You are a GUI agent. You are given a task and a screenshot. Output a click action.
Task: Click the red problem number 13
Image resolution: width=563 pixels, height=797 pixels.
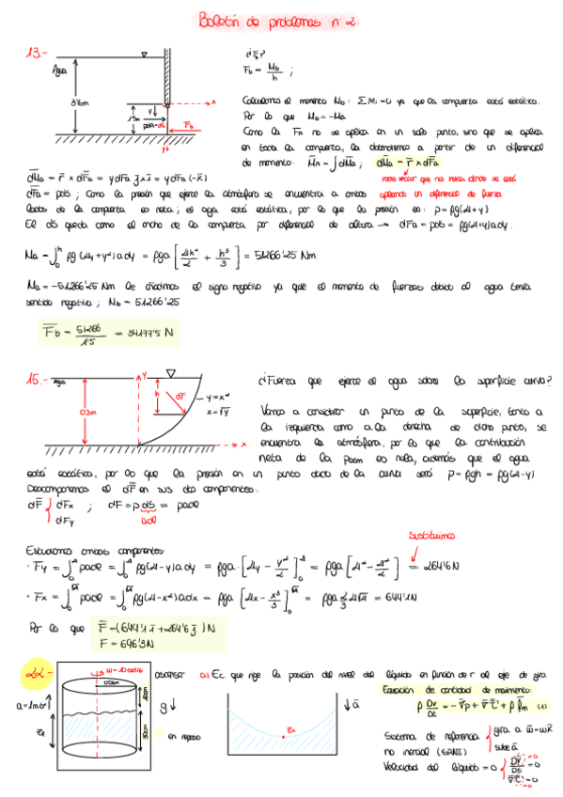(x=36, y=54)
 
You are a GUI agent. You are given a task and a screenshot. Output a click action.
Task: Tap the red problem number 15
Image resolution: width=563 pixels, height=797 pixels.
(x=37, y=379)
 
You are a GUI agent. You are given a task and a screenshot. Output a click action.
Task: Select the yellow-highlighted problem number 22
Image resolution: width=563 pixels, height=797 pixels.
(x=35, y=672)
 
